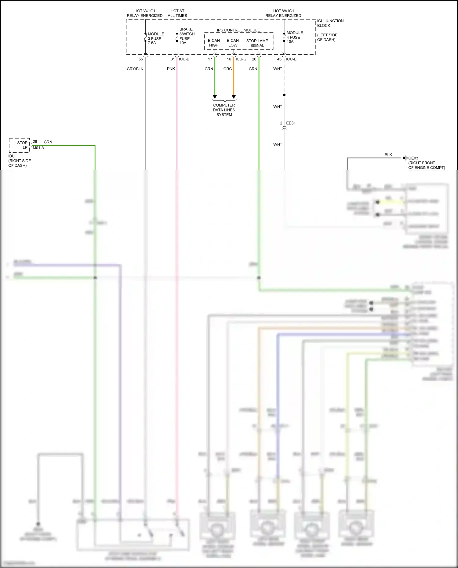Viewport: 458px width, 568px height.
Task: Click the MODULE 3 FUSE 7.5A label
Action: (x=156, y=38)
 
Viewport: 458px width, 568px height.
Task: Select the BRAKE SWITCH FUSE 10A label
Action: (x=187, y=36)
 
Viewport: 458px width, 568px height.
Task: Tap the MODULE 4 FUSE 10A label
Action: (x=294, y=37)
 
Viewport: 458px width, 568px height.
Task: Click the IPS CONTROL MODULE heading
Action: (x=238, y=30)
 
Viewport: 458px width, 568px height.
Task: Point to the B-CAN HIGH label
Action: (x=214, y=43)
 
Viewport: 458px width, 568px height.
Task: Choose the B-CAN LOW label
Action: (x=233, y=43)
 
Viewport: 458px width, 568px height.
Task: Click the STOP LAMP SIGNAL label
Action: (x=257, y=43)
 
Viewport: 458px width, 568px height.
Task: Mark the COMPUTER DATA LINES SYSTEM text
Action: (x=224, y=110)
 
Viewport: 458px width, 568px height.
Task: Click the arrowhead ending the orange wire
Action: (x=234, y=97)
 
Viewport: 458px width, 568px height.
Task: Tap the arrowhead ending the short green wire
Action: (x=215, y=97)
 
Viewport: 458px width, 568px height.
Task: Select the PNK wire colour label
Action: (x=171, y=69)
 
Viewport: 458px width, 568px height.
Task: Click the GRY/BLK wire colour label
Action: (x=135, y=69)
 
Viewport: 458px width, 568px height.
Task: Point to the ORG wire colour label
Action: (x=228, y=69)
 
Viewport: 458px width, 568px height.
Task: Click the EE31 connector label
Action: (x=291, y=123)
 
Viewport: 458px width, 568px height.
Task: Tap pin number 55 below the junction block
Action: (x=141, y=59)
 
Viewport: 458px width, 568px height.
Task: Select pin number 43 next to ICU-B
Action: (x=279, y=59)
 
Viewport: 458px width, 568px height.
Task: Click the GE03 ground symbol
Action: (x=405, y=158)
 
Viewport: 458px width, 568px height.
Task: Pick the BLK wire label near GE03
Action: (x=388, y=155)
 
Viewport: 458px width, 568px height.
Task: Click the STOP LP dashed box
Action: (x=20, y=145)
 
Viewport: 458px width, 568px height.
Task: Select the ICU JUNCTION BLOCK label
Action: (x=330, y=23)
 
